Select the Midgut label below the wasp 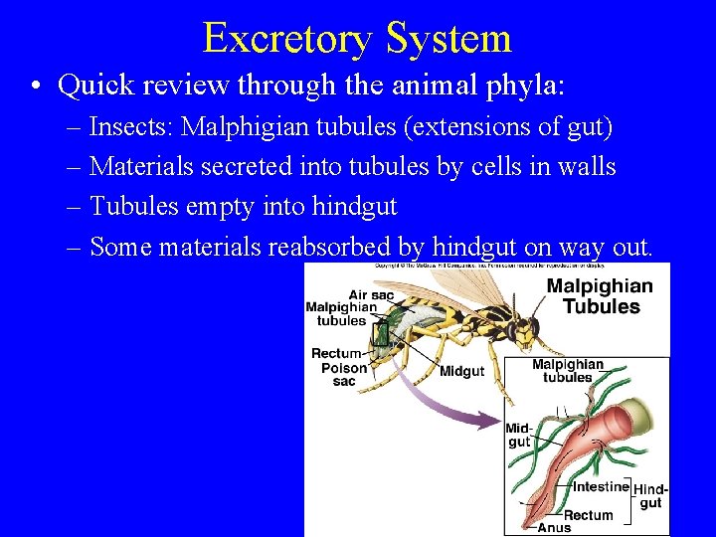point(462,371)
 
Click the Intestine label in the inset point(602,486)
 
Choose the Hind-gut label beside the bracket point(650,495)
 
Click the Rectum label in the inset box point(589,515)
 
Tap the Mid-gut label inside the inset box point(519,435)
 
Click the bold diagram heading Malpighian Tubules point(601,295)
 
